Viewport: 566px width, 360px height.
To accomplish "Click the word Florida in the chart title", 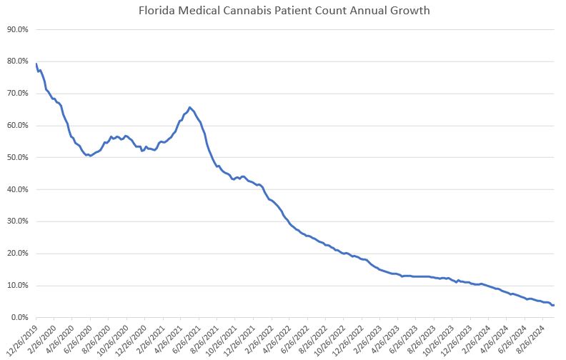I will pyautogui.click(x=154, y=11).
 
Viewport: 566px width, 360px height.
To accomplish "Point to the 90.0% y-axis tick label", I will pyautogui.click(x=17, y=30).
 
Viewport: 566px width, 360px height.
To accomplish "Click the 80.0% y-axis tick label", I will pyautogui.click(x=17, y=62).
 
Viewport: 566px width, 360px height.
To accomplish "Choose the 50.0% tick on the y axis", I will pyautogui.click(x=17, y=158).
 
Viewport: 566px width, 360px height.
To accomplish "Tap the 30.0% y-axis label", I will pyautogui.click(x=17, y=221).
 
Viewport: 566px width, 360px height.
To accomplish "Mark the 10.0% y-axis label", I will pyautogui.click(x=17, y=286).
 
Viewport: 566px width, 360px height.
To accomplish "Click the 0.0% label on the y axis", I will pyautogui.click(x=19, y=318).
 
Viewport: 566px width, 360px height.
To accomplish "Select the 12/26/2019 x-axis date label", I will pyautogui.click(x=21, y=337).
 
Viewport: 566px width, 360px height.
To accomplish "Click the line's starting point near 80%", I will pyautogui.click(x=36, y=64).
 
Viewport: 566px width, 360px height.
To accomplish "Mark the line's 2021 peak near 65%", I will pyautogui.click(x=189, y=107).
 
